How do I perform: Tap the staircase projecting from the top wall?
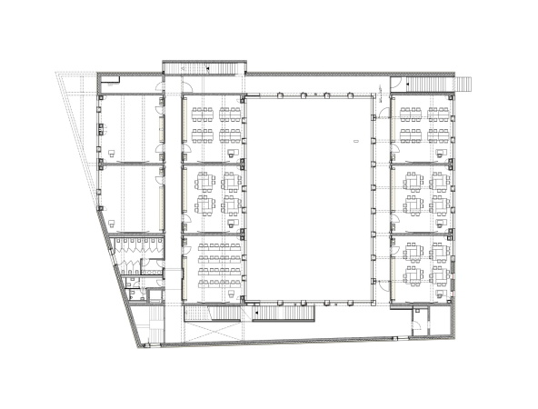(x=204, y=67)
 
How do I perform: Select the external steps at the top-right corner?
(x=463, y=83)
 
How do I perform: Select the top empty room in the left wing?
(x=133, y=127)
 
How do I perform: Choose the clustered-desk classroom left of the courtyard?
(x=214, y=196)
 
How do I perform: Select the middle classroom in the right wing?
(x=423, y=196)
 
